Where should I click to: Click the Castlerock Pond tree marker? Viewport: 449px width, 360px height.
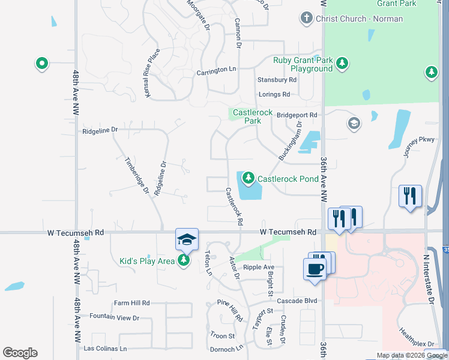pos(249,178)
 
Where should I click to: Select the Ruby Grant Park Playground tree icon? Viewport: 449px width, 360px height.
pos(342,63)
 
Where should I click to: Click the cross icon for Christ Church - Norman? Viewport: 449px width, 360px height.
pos(307,18)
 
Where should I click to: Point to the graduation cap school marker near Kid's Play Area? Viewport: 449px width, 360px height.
pos(187,239)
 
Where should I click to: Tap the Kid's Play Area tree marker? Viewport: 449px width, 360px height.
pos(184,260)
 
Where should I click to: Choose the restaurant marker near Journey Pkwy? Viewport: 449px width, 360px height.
pos(410,196)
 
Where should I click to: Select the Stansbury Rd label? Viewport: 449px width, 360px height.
pos(277,79)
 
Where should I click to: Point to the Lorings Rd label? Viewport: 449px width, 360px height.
pos(274,94)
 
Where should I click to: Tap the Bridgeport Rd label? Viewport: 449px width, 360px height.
pos(297,114)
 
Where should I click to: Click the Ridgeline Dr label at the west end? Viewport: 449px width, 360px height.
pos(100,130)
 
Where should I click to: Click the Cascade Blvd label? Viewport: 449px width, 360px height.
pos(297,301)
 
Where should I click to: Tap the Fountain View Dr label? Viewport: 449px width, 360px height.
pos(114,317)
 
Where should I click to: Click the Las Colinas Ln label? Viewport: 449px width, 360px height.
pos(106,348)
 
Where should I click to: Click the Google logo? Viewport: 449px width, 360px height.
pos(20,353)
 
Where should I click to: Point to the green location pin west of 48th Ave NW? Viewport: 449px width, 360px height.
pos(41,63)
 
